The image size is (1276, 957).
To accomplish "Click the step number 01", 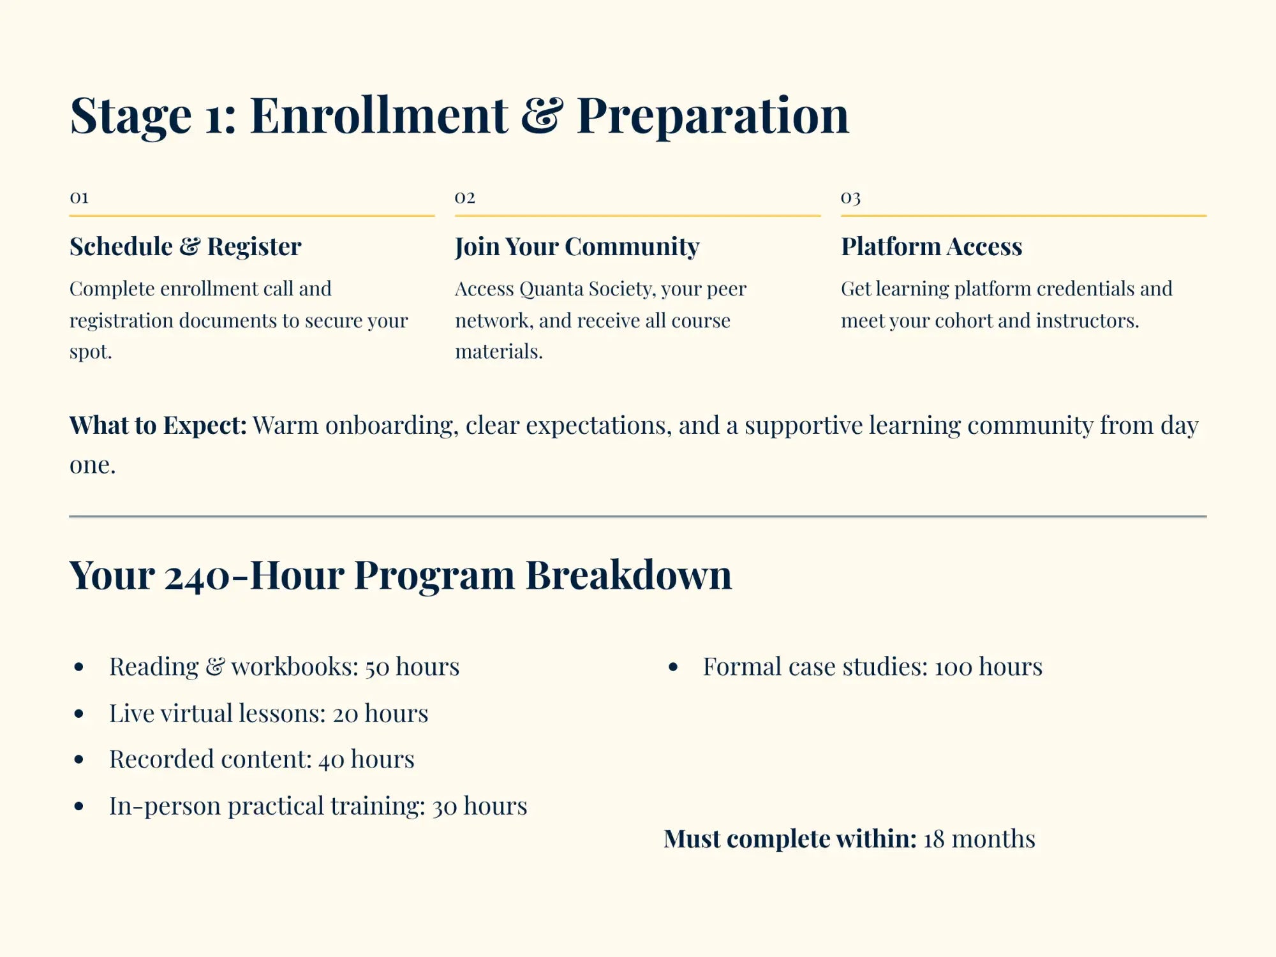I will coord(79,197).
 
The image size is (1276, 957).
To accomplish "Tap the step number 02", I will coord(464,197).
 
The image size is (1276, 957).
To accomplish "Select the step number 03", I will coord(850,197).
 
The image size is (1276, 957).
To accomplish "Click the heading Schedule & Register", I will coord(185,246).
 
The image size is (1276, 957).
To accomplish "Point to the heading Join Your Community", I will coord(577,246).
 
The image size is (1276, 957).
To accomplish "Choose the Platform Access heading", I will coord(931,246).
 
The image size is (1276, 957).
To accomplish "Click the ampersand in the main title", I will coord(542,115).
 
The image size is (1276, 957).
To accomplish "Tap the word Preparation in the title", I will coord(712,115).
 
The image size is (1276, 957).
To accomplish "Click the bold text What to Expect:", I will coord(158,426).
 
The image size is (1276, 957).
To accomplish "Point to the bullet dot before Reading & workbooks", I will coord(79,667).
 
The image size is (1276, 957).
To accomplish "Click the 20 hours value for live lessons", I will coord(380,713).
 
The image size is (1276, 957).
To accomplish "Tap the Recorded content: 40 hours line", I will coord(262,759).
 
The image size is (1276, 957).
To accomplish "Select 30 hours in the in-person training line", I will coord(480,806).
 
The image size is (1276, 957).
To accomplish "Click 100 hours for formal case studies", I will coord(988,667).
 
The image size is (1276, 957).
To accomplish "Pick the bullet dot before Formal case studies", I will coord(673,667).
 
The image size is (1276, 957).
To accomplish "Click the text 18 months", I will coord(979,839).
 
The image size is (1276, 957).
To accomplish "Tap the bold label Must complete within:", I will coord(790,839).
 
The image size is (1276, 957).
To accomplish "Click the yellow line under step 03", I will coord(1023,216).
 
